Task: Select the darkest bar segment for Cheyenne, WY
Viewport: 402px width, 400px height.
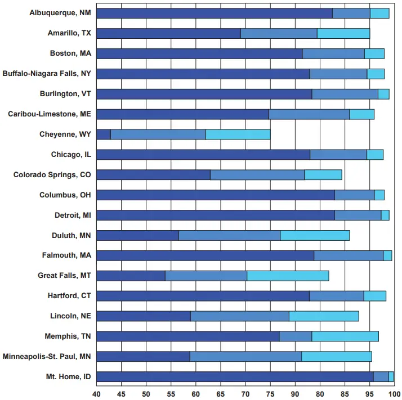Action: tap(104, 134)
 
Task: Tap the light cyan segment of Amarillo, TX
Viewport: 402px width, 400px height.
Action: tap(343, 33)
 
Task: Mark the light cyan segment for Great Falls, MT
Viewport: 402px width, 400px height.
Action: tap(288, 276)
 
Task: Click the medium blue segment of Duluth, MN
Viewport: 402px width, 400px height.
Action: tap(229, 235)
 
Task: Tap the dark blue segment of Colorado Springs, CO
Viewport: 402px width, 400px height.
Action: tap(153, 174)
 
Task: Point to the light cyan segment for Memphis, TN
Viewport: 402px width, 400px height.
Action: tap(345, 336)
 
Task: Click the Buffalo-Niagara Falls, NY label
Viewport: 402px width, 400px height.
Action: tap(47, 74)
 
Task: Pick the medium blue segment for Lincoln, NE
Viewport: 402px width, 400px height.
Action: tap(240, 316)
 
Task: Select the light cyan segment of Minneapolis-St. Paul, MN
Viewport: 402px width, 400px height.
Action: tap(337, 356)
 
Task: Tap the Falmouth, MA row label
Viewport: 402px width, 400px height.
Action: tap(66, 255)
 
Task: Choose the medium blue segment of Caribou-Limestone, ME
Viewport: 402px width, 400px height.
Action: tap(309, 114)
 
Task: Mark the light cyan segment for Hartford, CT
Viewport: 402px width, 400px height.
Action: tap(375, 296)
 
